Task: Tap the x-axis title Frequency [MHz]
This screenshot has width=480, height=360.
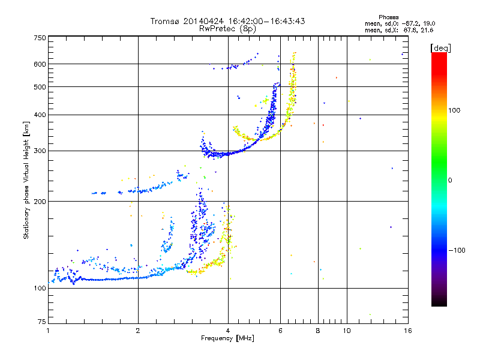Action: [227, 339]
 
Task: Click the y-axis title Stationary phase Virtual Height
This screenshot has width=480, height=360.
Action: [26, 180]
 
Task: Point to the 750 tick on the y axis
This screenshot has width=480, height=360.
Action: [40, 37]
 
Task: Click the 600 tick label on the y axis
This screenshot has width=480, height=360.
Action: [40, 64]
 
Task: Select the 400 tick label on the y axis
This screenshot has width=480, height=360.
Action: [40, 115]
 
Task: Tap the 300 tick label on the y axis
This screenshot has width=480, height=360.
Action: [40, 151]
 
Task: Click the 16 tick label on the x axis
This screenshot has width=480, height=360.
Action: [407, 331]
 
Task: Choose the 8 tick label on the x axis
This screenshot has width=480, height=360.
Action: [318, 331]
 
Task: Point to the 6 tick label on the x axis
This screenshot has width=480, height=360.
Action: [280, 331]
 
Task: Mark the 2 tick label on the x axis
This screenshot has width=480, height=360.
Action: [138, 331]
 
